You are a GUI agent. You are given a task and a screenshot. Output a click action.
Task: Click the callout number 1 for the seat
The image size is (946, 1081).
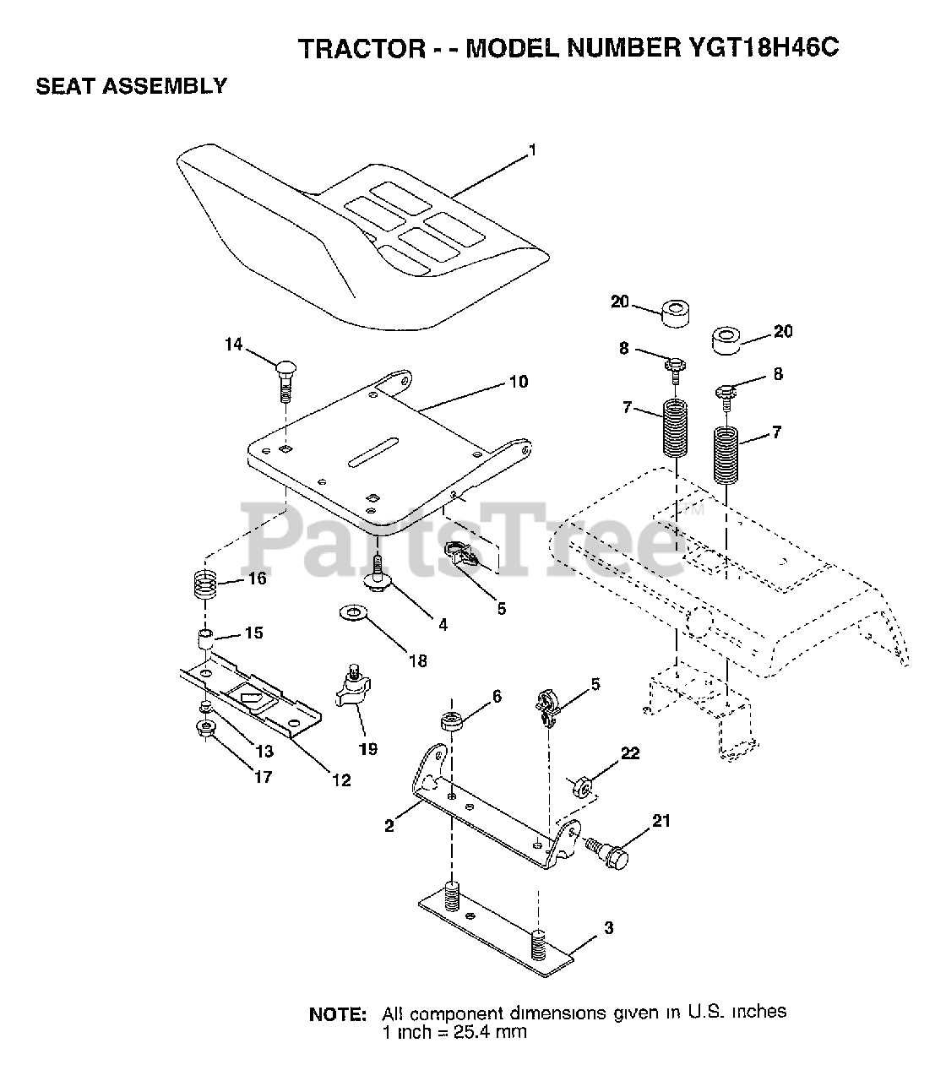tap(532, 150)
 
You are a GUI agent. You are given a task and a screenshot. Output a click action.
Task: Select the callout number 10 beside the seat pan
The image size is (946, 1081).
tap(518, 382)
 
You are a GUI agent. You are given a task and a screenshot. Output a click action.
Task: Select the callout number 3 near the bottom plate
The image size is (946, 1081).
tap(609, 929)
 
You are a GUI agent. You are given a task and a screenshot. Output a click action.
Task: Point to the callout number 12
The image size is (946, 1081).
tap(340, 780)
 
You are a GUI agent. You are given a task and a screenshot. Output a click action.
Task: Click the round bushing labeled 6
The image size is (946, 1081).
tap(449, 723)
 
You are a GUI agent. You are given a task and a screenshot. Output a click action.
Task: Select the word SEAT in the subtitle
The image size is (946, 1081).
tap(64, 86)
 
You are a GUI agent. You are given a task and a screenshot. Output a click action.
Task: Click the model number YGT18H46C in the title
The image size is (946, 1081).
tap(756, 49)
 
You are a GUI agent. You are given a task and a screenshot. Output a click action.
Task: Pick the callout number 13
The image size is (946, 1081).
tap(264, 752)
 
